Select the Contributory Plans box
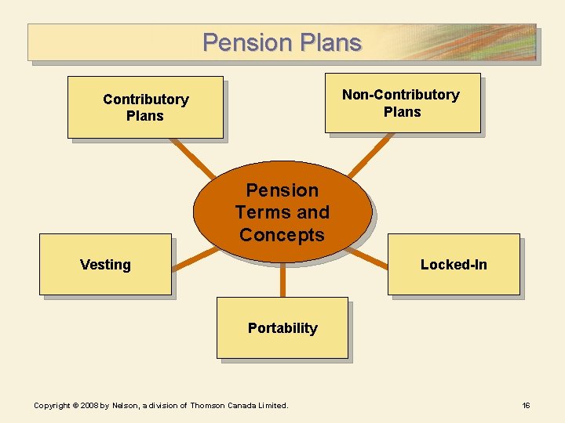tap(145, 107)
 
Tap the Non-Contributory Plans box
tap(402, 103)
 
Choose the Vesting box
tap(105, 265)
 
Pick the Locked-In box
tap(454, 265)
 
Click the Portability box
tap(282, 328)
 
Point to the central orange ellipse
tap(282, 211)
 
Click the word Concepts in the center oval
tap(282, 235)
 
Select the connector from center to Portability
tap(282, 278)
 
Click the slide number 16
tap(526, 405)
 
